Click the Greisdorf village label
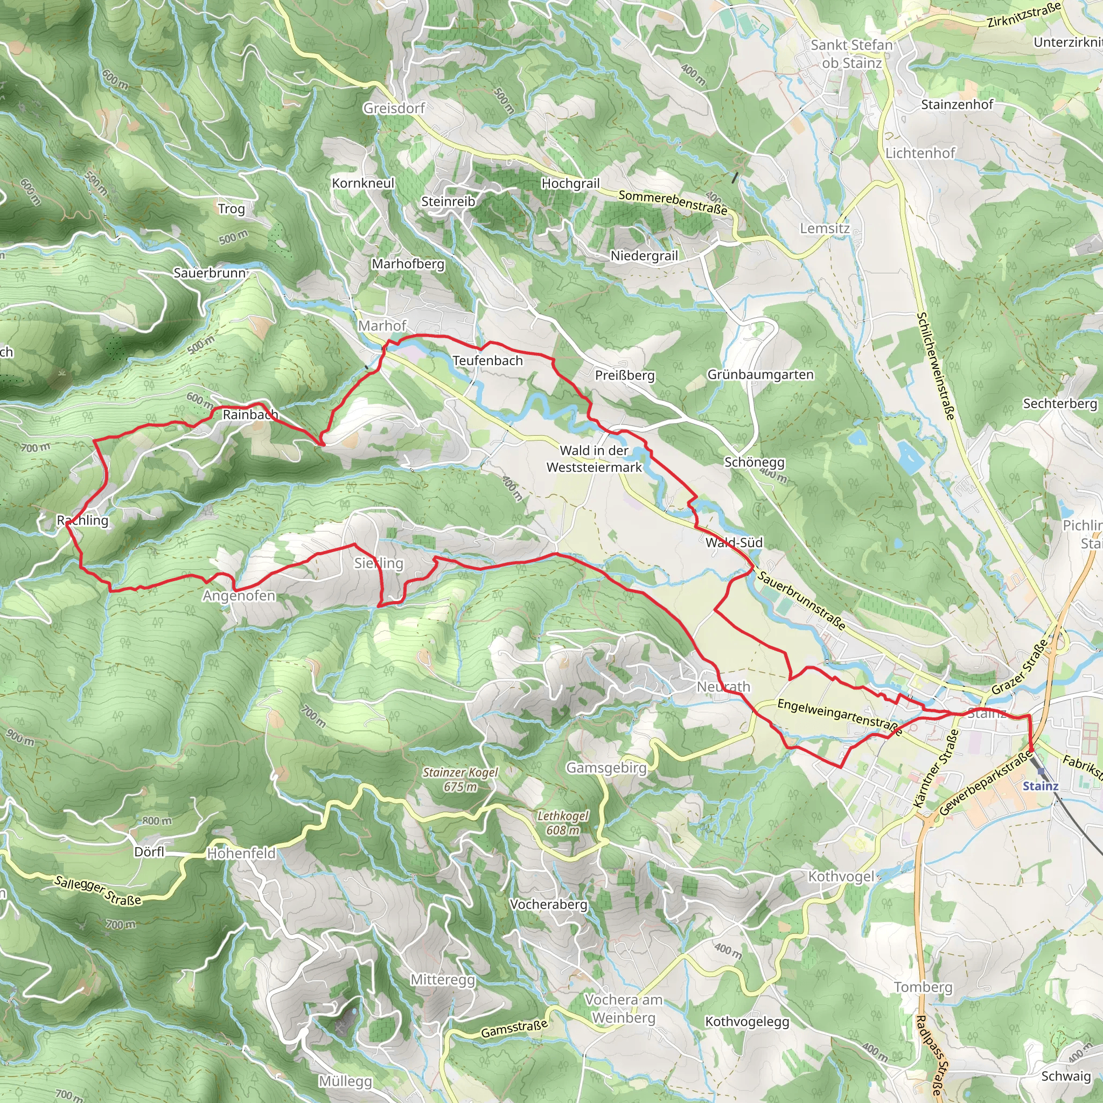394,108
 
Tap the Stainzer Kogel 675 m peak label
460,779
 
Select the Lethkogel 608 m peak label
562,823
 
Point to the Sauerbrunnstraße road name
801,599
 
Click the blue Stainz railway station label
1040,786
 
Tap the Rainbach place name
250,415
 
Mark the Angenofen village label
239,596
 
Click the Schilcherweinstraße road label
935,365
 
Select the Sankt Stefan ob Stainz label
851,54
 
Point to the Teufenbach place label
487,361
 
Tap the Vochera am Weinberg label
624,1008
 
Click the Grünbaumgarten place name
760,374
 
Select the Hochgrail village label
570,183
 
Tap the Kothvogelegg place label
747,1021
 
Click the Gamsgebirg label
606,768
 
